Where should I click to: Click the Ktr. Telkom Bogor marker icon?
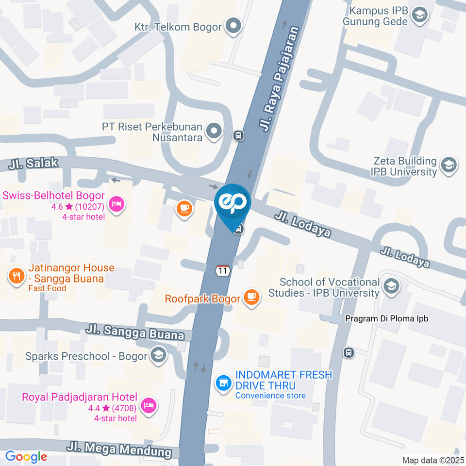233,26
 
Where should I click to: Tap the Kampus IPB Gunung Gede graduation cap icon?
417,15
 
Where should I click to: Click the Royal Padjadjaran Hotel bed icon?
148,404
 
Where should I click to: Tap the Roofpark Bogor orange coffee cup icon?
251,298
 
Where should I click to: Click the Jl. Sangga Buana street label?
135,333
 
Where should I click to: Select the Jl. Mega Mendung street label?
120,449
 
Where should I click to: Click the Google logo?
26,456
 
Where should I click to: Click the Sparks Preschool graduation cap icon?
158,356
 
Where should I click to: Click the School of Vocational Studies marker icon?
391,286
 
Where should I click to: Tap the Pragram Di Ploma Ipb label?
387,319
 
